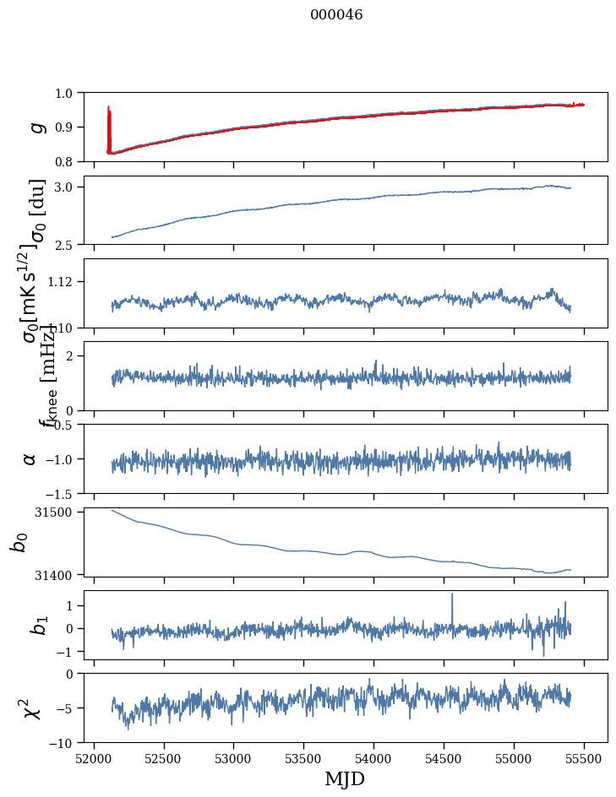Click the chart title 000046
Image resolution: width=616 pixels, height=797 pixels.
pyautogui.click(x=336, y=15)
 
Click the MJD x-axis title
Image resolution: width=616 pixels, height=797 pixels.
pyautogui.click(x=345, y=778)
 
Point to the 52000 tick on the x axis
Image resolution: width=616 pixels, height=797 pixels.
pyautogui.click(x=94, y=758)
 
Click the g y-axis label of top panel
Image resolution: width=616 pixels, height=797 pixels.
pyautogui.click(x=35, y=127)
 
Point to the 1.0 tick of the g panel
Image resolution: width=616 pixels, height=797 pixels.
pyautogui.click(x=67, y=93)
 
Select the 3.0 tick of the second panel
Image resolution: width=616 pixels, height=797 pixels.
pyautogui.click(x=67, y=187)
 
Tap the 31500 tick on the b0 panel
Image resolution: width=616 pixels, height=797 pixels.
pyautogui.click(x=59, y=512)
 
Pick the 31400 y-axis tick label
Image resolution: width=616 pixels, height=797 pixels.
pyautogui.click(x=59, y=575)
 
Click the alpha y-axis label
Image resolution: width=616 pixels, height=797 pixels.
pyautogui.click(x=30, y=458)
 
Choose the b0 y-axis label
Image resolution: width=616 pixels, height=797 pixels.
pyautogui.click(x=19, y=541)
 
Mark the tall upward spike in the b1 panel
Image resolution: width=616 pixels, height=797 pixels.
pyautogui.click(x=452, y=596)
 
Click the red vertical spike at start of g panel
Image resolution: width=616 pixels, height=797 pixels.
pyautogui.click(x=109, y=127)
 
